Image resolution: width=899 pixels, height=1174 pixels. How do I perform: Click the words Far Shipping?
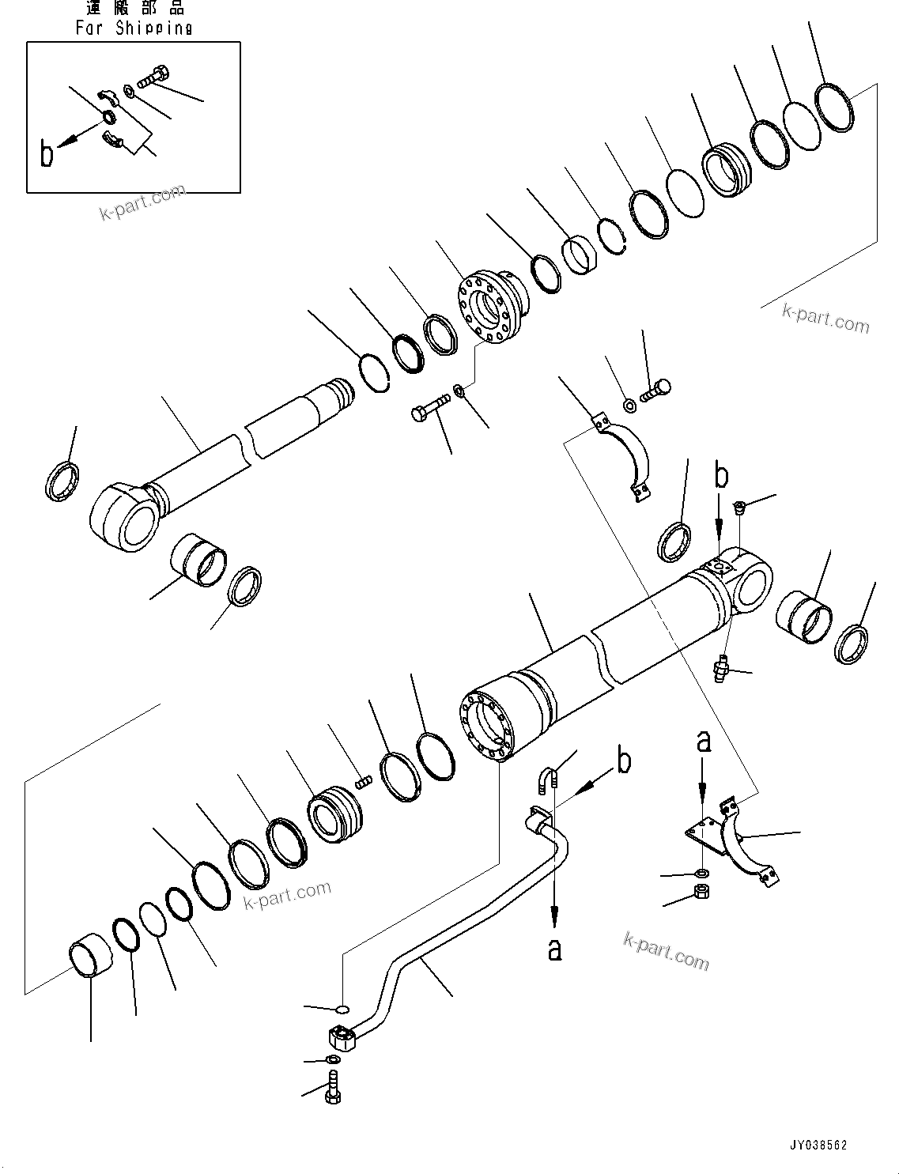pyautogui.click(x=134, y=28)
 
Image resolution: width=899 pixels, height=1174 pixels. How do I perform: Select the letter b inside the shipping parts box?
pyautogui.click(x=47, y=154)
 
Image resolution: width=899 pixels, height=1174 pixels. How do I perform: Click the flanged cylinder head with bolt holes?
pyautogui.click(x=485, y=308)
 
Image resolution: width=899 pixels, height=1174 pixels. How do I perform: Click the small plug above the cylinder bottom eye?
pyautogui.click(x=738, y=507)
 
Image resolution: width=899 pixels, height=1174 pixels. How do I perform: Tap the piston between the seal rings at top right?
pyautogui.click(x=723, y=169)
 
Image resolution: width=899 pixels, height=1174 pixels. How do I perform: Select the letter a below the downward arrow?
pyautogui.click(x=555, y=948)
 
